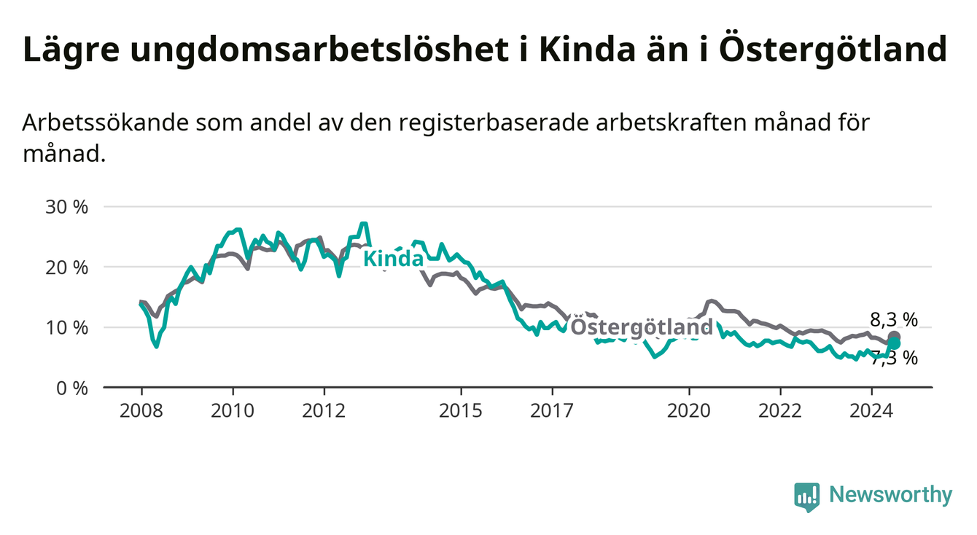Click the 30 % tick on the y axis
pyautogui.click(x=67, y=207)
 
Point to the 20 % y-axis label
pyautogui.click(x=67, y=267)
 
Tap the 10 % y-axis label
pyautogui.click(x=67, y=327)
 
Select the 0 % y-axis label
pyautogui.click(x=72, y=388)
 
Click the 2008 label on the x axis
pyautogui.click(x=141, y=411)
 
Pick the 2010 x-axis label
pyautogui.click(x=233, y=411)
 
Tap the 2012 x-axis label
pyautogui.click(x=324, y=411)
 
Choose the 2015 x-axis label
pyautogui.click(x=461, y=411)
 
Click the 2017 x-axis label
pyautogui.click(x=552, y=411)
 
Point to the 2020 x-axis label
pyautogui.click(x=689, y=411)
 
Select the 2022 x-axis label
pyautogui.click(x=780, y=411)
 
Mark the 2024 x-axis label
pyautogui.click(x=871, y=411)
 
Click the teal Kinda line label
pyautogui.click(x=394, y=259)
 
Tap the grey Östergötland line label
pyautogui.click(x=642, y=327)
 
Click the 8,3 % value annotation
pyautogui.click(x=894, y=319)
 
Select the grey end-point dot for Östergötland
pyautogui.click(x=894, y=337)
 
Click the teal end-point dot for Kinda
pyautogui.click(x=894, y=343)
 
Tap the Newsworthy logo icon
pyautogui.click(x=807, y=497)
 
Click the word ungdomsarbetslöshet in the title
pyautogui.click(x=319, y=50)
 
